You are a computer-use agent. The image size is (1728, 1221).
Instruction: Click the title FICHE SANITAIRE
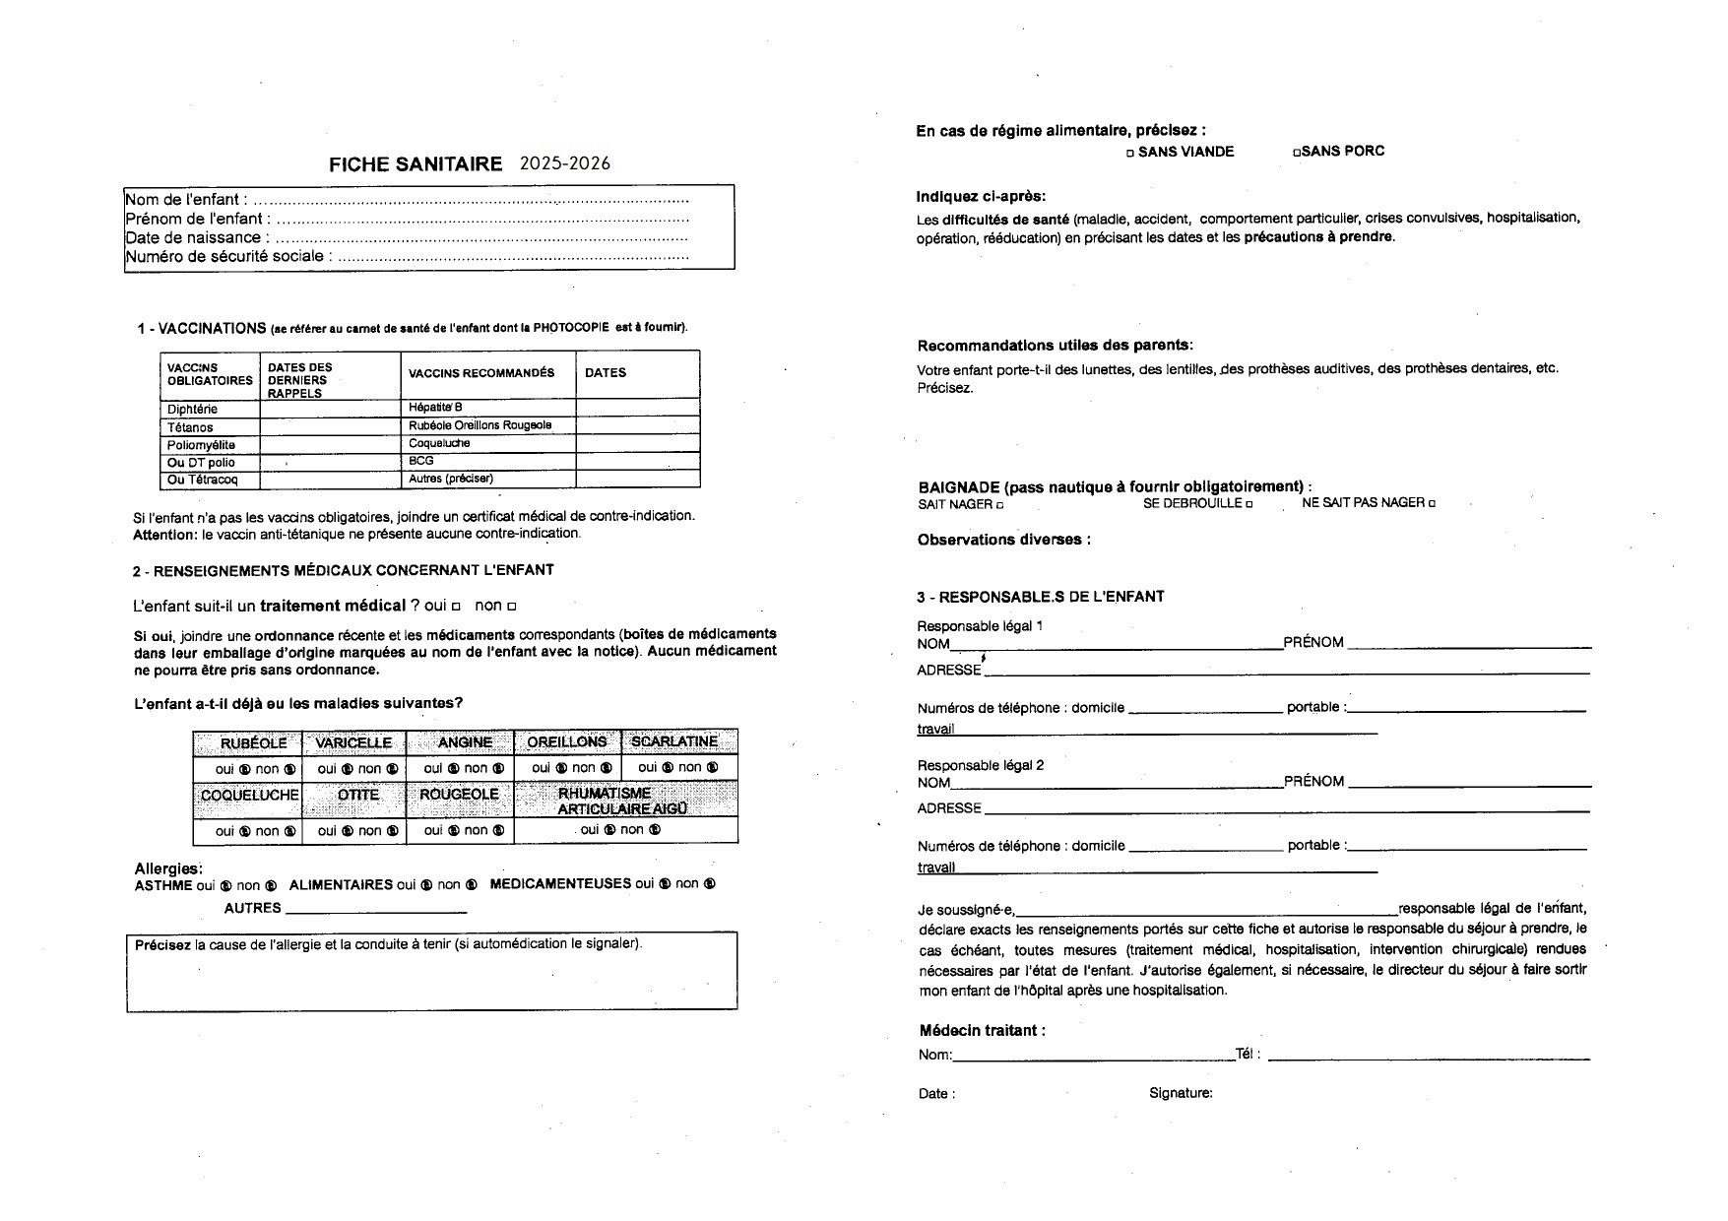tap(415, 164)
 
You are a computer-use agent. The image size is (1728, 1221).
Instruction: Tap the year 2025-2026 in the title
tap(564, 163)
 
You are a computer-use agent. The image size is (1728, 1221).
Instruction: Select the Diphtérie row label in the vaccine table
tap(192, 409)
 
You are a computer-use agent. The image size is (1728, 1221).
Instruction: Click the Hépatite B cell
tap(435, 408)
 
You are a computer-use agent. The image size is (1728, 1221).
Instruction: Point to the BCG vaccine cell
tap(421, 461)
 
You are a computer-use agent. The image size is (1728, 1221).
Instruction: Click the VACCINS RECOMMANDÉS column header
tap(481, 373)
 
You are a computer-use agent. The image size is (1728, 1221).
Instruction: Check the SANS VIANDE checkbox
tap(1130, 154)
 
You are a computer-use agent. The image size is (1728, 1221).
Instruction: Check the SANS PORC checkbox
tap(1297, 153)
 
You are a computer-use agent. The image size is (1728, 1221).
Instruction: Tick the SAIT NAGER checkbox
tap(999, 505)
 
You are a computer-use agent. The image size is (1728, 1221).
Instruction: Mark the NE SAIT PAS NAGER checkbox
tap(1432, 504)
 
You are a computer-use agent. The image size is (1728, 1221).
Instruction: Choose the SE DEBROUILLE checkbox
tap(1249, 505)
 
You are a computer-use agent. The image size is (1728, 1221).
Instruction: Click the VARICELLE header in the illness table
tap(353, 742)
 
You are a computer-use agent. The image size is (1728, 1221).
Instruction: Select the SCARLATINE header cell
tap(674, 741)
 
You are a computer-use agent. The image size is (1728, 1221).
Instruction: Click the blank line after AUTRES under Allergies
tap(375, 911)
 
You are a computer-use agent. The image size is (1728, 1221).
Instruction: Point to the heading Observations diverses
tap(1003, 540)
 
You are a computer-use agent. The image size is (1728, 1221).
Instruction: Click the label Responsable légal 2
tap(980, 765)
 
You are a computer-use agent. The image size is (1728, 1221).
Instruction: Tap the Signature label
tap(1181, 1093)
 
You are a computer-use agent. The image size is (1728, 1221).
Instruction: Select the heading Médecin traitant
tap(982, 1031)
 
